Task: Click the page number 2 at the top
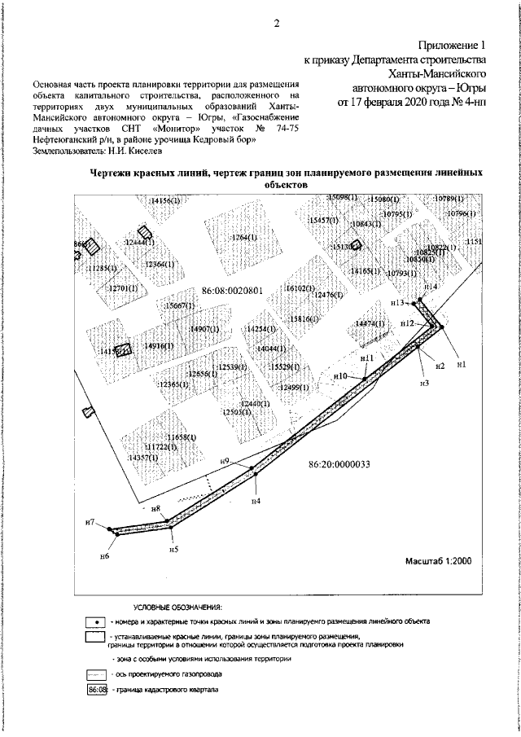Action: (x=276, y=23)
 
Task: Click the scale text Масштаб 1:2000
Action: (x=440, y=562)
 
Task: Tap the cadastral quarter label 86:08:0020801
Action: (x=231, y=291)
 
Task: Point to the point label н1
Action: (x=461, y=364)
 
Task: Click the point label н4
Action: (x=256, y=500)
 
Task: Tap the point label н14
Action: (x=431, y=287)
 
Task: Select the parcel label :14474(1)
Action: (x=370, y=323)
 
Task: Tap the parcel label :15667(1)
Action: (x=178, y=305)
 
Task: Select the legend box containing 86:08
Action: (x=97, y=691)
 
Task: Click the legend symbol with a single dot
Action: (x=97, y=621)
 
